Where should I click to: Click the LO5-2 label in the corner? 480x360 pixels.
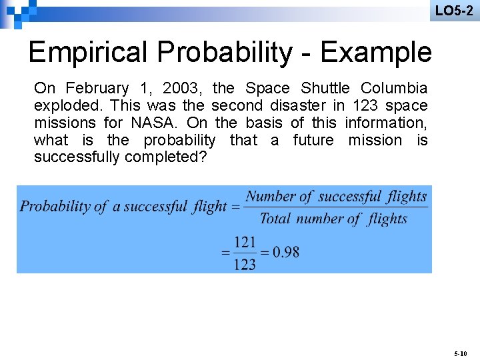(454, 11)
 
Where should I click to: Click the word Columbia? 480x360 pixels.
(394, 88)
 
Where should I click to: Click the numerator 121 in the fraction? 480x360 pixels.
(245, 242)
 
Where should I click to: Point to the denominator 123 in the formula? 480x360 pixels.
(245, 265)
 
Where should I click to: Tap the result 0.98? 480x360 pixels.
(286, 253)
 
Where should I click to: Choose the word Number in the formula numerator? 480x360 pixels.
(270, 197)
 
